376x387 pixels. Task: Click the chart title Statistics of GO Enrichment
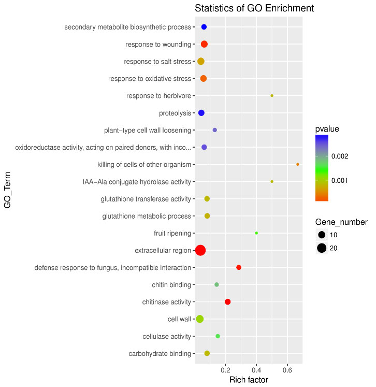click(254, 9)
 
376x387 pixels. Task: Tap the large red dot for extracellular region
click(200, 251)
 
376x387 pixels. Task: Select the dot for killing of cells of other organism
click(298, 164)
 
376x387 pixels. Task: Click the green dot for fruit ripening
click(256, 233)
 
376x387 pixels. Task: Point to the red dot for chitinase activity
click(228, 302)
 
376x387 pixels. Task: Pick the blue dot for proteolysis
click(201, 113)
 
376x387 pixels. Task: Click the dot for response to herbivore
click(272, 96)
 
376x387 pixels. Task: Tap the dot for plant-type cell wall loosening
click(215, 130)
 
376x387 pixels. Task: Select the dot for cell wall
click(200, 319)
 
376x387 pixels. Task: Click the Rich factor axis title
click(249, 380)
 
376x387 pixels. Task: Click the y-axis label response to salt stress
click(157, 62)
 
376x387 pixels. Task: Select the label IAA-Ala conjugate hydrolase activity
click(137, 182)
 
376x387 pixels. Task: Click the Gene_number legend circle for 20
click(322, 248)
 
